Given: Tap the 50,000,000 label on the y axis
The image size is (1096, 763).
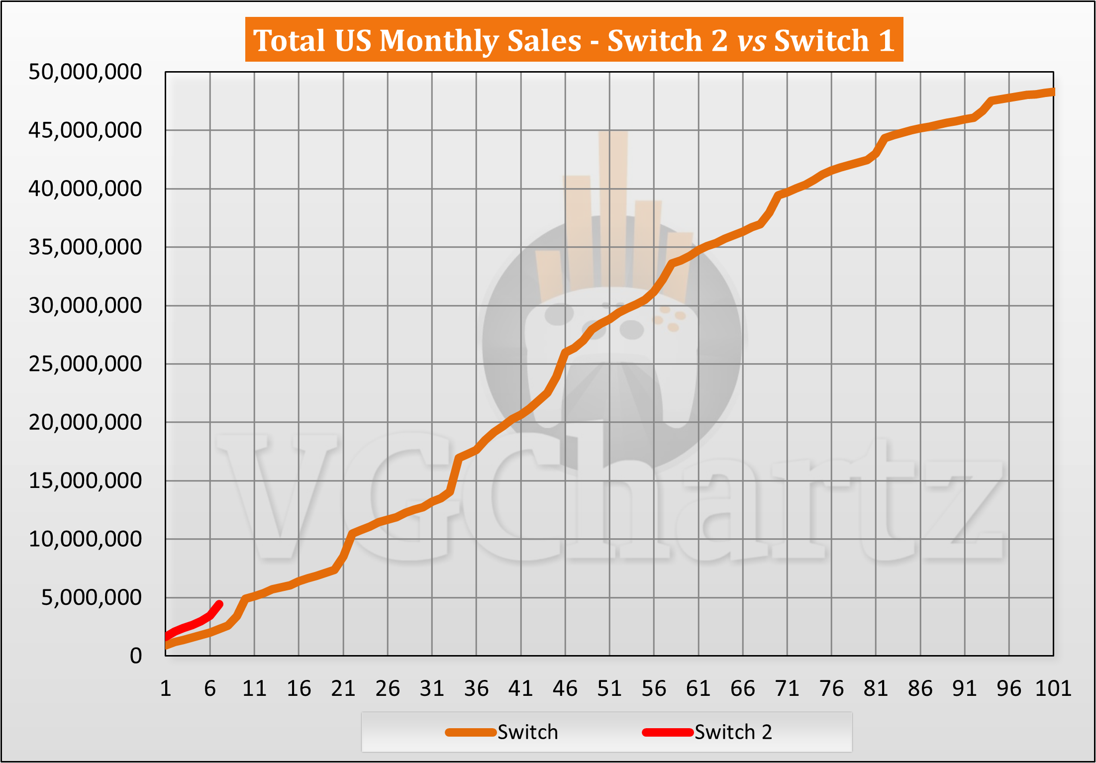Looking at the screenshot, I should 85,72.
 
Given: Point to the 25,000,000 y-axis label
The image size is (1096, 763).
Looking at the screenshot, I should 85,364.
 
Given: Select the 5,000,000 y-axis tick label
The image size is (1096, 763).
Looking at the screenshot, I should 92,597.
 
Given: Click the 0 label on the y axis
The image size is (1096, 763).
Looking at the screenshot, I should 136,656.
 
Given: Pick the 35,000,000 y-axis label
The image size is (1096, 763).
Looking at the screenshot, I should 85,247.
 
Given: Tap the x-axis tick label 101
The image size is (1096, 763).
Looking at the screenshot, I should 1053,689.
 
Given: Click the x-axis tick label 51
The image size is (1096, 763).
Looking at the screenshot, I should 609,689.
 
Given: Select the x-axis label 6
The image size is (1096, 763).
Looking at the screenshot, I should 210,689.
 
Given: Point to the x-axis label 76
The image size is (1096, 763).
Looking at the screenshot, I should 831,689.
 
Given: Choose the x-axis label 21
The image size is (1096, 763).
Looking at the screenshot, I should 343,689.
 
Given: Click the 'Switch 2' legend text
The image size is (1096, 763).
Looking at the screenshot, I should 733,732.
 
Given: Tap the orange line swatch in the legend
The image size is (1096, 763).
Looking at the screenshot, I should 471,732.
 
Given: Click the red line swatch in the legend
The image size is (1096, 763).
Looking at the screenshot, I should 668,732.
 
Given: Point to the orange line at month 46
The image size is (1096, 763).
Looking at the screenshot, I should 565,353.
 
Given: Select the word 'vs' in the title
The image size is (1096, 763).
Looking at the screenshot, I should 751,40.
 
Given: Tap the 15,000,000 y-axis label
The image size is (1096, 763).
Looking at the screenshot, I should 85,481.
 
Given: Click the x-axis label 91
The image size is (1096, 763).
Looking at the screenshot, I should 965,689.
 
